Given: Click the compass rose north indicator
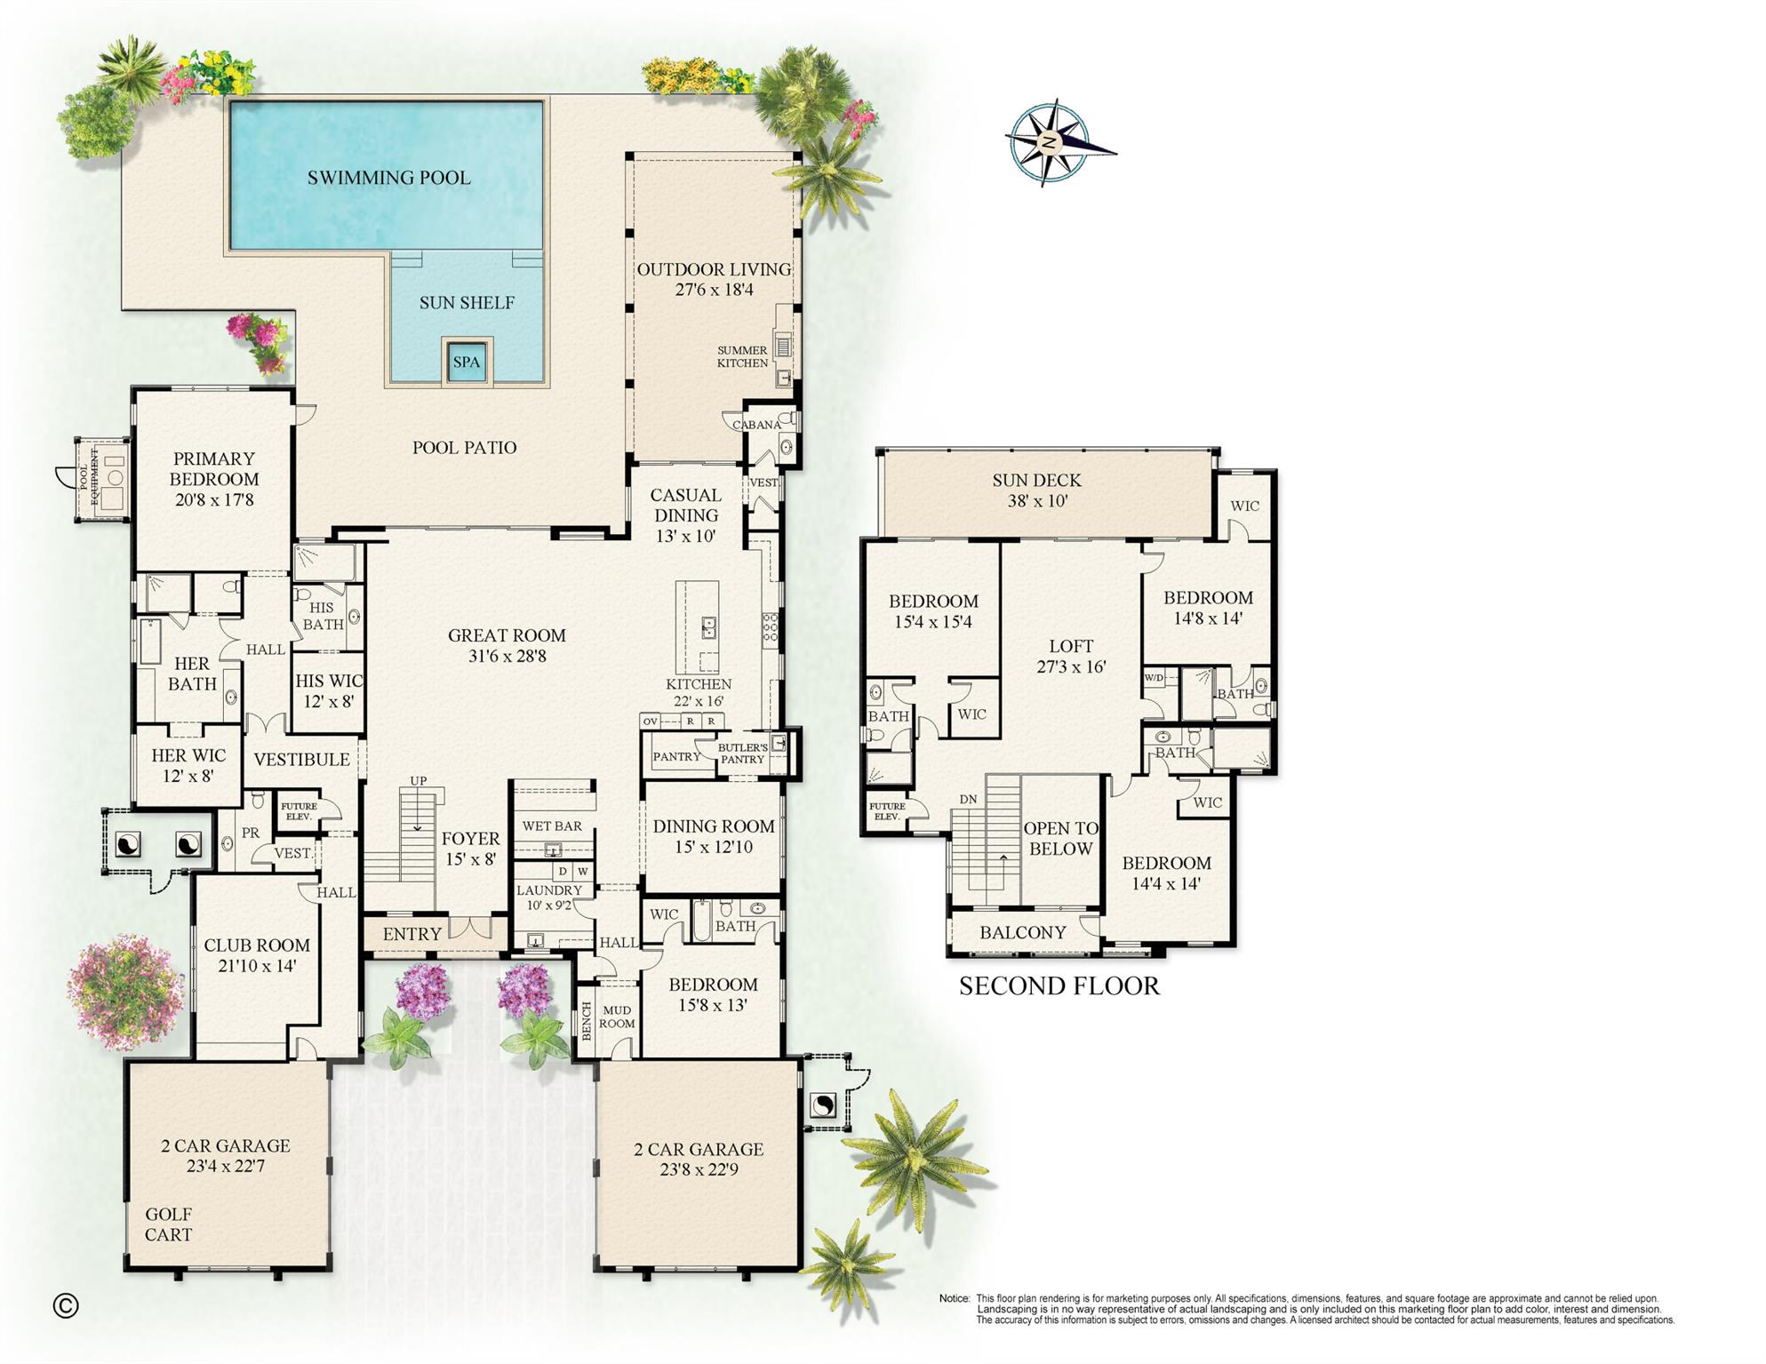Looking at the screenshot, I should [1050, 142].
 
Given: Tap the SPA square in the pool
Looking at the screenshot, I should [466, 362].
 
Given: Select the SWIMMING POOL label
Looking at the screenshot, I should [388, 178].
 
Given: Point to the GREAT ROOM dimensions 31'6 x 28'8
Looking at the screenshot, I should [507, 657].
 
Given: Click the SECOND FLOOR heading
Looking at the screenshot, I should [1059, 985].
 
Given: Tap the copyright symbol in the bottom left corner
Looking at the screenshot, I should [66, 1304].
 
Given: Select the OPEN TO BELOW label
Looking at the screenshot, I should [1059, 838].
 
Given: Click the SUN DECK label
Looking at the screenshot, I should [1036, 481].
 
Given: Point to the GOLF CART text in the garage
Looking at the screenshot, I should [168, 1224].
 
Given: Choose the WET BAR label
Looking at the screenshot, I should [552, 826].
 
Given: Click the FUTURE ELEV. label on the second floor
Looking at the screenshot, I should [888, 811].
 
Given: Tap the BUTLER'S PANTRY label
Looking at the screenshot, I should [742, 754].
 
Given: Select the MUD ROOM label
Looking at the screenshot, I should [617, 1017].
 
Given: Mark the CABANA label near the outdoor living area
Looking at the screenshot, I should [756, 425].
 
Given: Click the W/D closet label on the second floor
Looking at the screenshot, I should [1154, 678].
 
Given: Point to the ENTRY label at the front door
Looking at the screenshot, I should [412, 934].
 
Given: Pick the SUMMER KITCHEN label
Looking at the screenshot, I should [742, 356].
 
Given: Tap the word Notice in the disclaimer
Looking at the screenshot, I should [954, 1298].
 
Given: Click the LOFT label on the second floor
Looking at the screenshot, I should [1070, 646].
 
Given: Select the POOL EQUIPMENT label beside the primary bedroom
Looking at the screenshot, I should [87, 476].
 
